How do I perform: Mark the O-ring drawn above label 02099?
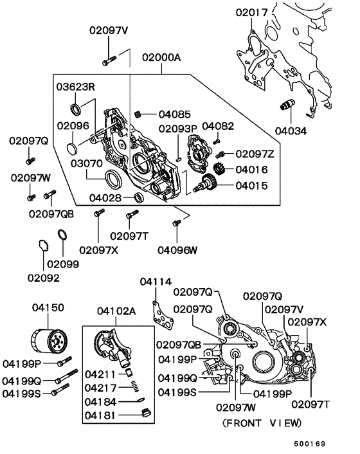[x=63, y=235]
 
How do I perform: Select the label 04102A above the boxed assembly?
[x=116, y=311]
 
